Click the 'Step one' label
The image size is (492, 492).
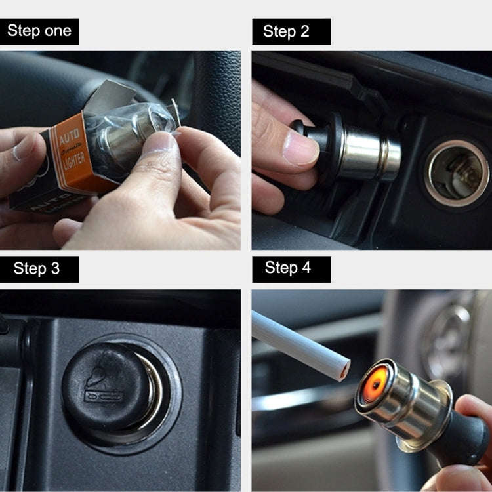click(39, 31)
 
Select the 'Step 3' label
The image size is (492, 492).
click(39, 269)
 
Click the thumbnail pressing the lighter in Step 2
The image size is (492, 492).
click(300, 148)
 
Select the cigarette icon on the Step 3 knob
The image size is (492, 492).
click(104, 396)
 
